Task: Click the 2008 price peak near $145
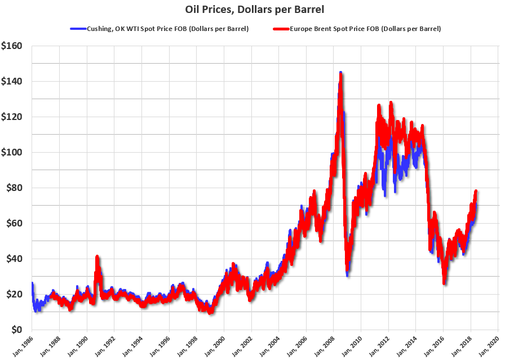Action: click(x=340, y=73)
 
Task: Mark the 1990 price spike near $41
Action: click(x=97, y=256)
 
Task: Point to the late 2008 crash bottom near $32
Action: click(x=347, y=274)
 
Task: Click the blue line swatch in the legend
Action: click(x=77, y=28)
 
